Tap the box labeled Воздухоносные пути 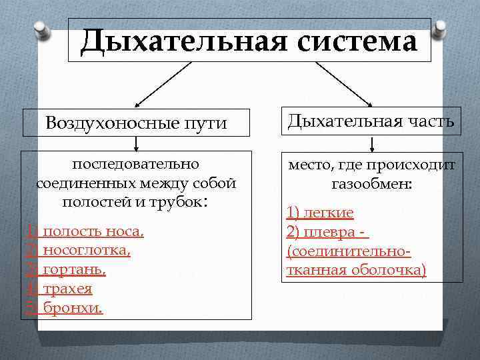pos(136,123)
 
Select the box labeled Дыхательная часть pos(371,121)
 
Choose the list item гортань pos(74,270)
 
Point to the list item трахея pos(67,289)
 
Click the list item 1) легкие pos(320,213)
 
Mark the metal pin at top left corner pos(39,30)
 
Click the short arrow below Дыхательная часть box pos(371,144)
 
